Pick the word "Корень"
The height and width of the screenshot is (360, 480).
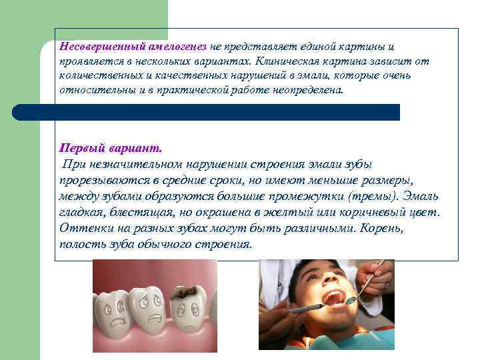click(x=388, y=229)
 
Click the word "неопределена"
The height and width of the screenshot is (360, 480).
click(x=309, y=89)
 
